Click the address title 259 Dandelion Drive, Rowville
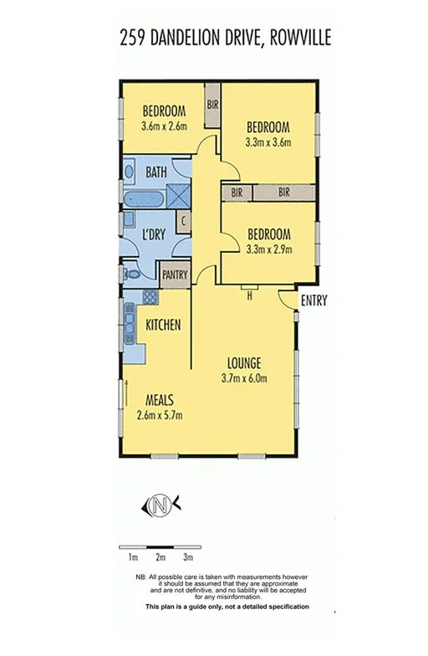click(x=214, y=38)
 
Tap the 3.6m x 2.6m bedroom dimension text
click(x=163, y=127)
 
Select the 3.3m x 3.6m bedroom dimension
click(x=267, y=142)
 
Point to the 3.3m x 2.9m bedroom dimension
click(x=267, y=249)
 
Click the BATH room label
click(x=156, y=172)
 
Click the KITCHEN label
click(x=163, y=325)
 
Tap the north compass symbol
click(x=160, y=505)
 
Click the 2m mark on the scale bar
click(x=160, y=556)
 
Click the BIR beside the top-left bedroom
click(x=212, y=105)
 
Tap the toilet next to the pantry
click(x=130, y=273)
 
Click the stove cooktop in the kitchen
click(x=150, y=296)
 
